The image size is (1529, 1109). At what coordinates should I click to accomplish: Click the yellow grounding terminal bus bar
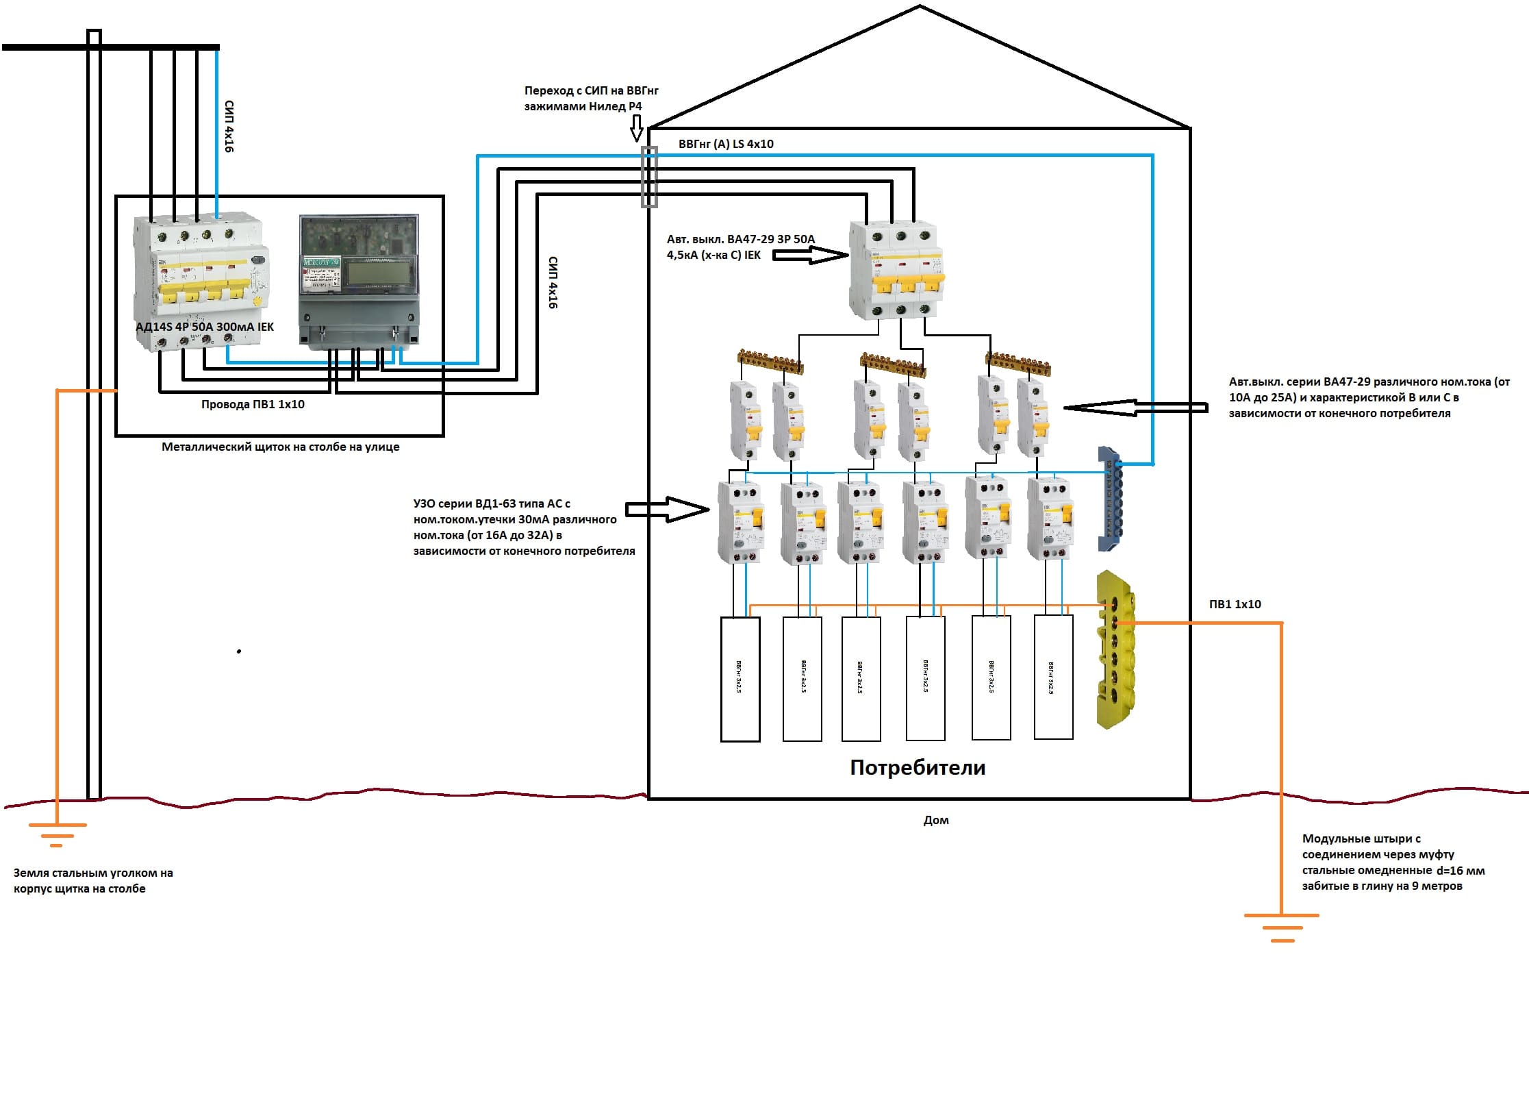pyautogui.click(x=1115, y=649)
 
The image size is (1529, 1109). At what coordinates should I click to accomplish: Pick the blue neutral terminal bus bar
pyautogui.click(x=1110, y=499)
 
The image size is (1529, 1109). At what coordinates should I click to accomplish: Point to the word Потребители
pyautogui.click(x=918, y=767)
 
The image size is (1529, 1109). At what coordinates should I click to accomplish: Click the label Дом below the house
pyautogui.click(x=936, y=820)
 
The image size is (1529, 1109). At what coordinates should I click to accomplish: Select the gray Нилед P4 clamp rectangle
pyautogui.click(x=648, y=176)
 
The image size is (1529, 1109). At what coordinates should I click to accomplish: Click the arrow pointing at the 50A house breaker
pyautogui.click(x=810, y=256)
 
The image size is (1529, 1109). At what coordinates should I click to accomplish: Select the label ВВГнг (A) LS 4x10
pyautogui.click(x=726, y=144)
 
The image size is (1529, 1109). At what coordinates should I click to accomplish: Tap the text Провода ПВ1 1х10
pyautogui.click(x=253, y=404)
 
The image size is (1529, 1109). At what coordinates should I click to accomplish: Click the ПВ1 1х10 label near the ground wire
pyautogui.click(x=1235, y=604)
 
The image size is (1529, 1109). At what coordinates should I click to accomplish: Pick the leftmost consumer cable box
pyautogui.click(x=740, y=679)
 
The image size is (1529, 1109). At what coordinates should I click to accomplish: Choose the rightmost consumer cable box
pyautogui.click(x=1053, y=677)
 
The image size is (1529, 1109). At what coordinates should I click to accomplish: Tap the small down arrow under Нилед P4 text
pyautogui.click(x=636, y=128)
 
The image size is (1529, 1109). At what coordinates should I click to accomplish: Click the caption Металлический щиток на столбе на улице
pyautogui.click(x=280, y=447)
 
